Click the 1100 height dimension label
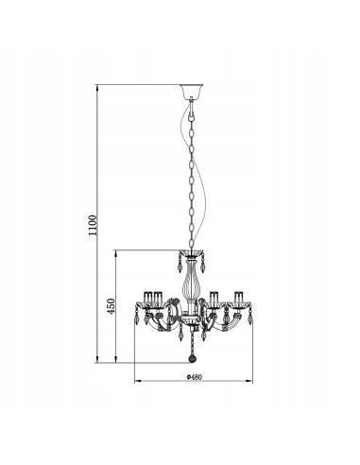(x=91, y=224)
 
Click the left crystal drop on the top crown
(x=181, y=260)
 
